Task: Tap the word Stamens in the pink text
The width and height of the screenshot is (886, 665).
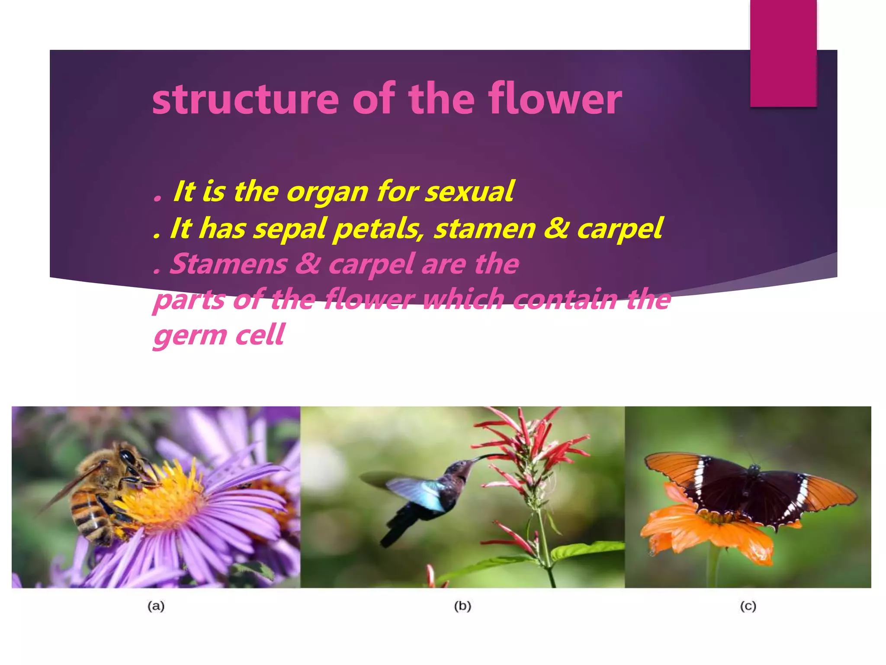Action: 228,264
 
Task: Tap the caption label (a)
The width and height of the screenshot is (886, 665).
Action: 156,606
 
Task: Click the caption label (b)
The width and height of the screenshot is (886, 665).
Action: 462,606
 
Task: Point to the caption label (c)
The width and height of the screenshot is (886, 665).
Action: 748,606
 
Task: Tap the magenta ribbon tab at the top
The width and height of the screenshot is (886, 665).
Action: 783,52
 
